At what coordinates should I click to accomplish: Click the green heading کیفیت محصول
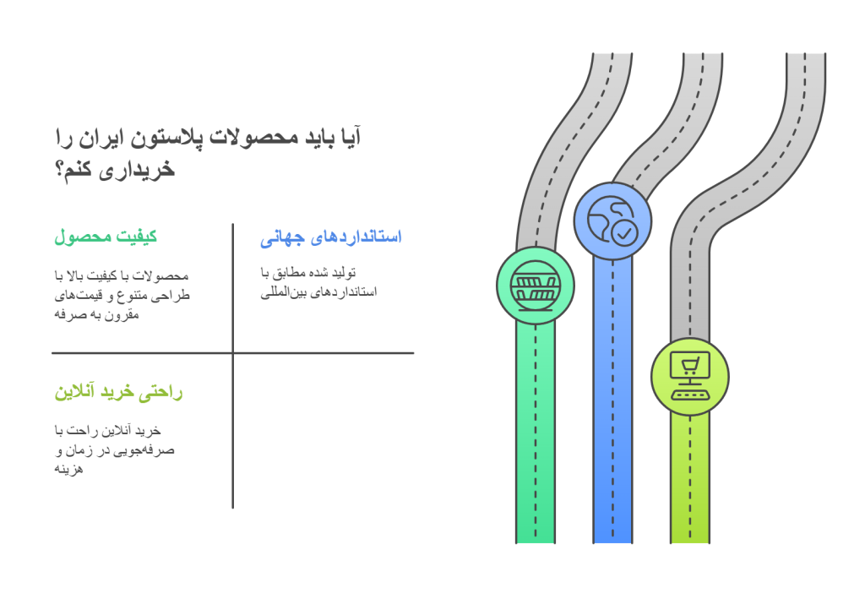106,237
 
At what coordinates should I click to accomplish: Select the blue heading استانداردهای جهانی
331,237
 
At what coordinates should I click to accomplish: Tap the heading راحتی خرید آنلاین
118,392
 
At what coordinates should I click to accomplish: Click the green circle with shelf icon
535,286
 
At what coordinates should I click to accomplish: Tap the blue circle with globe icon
612,221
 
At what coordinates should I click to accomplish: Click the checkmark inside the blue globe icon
624,233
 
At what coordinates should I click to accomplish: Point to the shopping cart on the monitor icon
690,365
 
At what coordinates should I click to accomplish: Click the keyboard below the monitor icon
689,395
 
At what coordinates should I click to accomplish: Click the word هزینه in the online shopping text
68,470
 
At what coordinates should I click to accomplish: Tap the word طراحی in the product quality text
173,295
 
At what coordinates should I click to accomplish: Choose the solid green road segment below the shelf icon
535,433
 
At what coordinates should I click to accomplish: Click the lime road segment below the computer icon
689,479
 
